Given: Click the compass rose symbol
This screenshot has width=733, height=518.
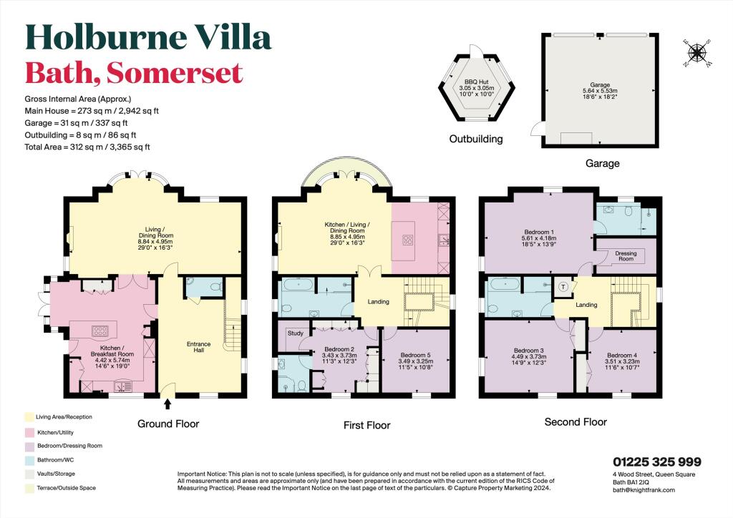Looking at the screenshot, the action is click(x=697, y=53).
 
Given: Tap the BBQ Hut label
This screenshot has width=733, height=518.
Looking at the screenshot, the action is click(x=476, y=82).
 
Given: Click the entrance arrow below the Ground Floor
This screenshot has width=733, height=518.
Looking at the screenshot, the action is click(x=168, y=404).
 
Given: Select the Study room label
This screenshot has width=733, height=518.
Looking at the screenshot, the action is click(x=296, y=333).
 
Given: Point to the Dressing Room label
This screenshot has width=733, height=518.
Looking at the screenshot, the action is click(x=626, y=256).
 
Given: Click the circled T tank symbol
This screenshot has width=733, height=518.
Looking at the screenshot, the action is click(x=563, y=287).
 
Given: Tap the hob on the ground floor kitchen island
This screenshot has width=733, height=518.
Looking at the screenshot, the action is click(x=99, y=331).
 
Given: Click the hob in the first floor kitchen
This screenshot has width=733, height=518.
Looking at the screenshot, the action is click(x=407, y=240).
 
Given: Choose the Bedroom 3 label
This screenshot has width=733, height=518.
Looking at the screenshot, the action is click(x=529, y=351).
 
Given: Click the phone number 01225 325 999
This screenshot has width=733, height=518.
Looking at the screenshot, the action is click(x=657, y=462).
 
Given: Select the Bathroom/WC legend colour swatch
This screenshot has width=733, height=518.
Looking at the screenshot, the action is click(x=29, y=460).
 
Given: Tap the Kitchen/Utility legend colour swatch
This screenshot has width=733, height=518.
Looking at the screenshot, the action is click(x=29, y=433).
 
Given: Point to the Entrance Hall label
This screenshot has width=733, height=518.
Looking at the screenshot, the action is click(x=199, y=347).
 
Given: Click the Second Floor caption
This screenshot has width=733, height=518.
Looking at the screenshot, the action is click(x=576, y=422).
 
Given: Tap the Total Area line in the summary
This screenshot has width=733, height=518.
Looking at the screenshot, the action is click(x=87, y=147).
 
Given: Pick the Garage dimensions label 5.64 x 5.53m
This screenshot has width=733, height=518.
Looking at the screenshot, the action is click(x=600, y=91).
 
